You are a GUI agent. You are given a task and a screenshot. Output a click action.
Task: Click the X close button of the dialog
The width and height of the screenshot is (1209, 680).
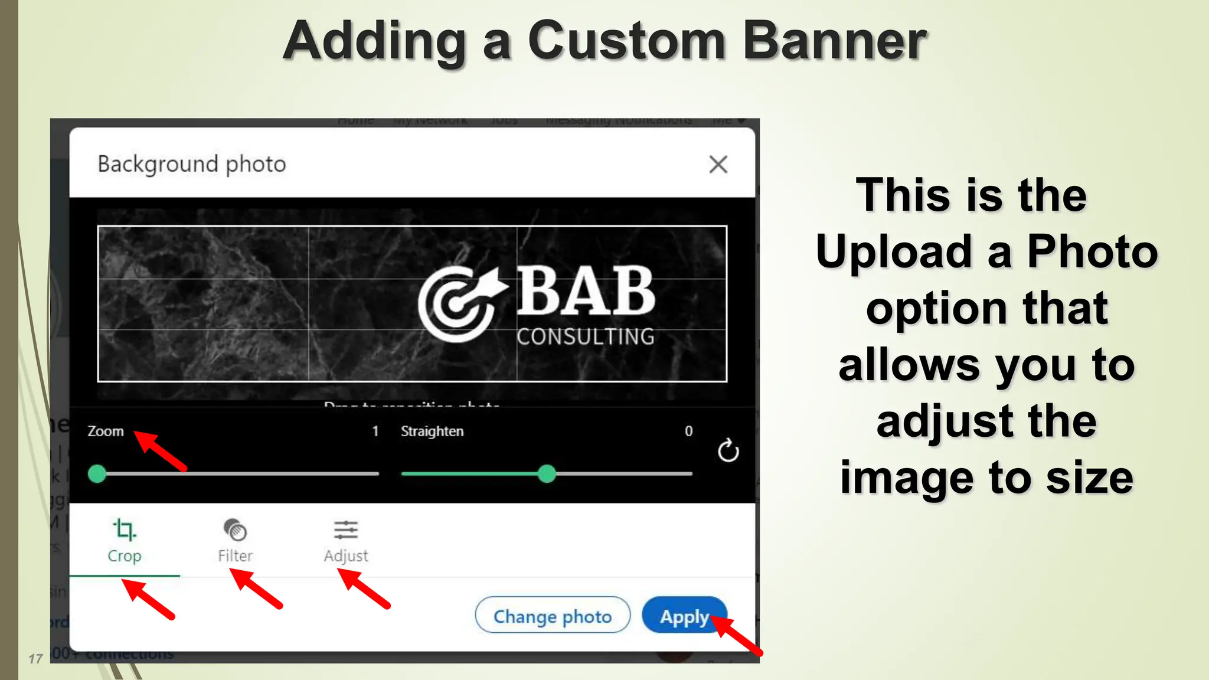click(x=718, y=164)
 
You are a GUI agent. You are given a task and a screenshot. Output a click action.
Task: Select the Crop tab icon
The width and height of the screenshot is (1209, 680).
click(x=124, y=529)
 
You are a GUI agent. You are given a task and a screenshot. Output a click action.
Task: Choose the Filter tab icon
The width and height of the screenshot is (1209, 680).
click(x=235, y=529)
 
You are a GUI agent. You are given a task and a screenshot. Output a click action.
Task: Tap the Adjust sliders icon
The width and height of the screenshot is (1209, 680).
click(x=345, y=529)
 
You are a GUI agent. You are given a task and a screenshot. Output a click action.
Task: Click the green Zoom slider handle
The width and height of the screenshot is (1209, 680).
click(x=97, y=473)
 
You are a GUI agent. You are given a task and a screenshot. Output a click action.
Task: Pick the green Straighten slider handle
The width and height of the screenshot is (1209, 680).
click(x=547, y=473)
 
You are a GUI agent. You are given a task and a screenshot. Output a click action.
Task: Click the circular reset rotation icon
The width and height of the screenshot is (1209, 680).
click(x=728, y=451)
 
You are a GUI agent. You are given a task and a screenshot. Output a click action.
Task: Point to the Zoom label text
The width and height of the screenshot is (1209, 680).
click(x=106, y=431)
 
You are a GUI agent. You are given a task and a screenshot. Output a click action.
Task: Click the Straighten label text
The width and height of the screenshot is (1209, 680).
click(x=432, y=431)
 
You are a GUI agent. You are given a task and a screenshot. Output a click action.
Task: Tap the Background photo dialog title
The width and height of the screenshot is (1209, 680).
click(x=192, y=164)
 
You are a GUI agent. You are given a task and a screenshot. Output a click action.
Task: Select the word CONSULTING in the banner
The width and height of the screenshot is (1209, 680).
click(x=586, y=336)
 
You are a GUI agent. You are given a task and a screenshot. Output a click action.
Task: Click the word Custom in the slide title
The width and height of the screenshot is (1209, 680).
click(x=626, y=41)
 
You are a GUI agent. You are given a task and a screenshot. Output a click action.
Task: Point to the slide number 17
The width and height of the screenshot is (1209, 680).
click(x=35, y=659)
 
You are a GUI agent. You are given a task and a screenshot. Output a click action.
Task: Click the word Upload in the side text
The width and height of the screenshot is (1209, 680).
click(x=893, y=251)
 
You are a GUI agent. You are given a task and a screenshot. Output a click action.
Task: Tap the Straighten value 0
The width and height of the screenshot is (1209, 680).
click(x=688, y=431)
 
